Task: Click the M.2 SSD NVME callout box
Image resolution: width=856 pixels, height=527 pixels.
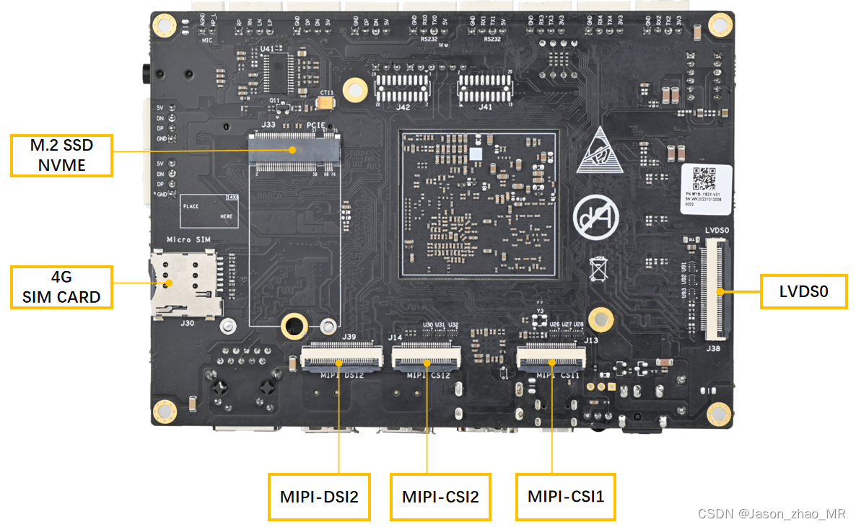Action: [x=62, y=155]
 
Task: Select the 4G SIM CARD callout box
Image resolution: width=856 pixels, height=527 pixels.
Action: [x=62, y=287]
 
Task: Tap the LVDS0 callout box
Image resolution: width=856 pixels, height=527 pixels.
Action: [x=803, y=291]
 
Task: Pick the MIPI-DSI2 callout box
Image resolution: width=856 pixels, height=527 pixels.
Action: [x=319, y=497]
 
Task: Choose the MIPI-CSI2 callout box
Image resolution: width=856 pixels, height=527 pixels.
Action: [x=440, y=497]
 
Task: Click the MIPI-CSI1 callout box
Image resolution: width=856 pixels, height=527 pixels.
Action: [x=565, y=497]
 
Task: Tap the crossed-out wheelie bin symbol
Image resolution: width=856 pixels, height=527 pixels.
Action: [x=598, y=267]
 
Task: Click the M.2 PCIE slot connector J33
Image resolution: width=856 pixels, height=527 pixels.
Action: [x=294, y=150]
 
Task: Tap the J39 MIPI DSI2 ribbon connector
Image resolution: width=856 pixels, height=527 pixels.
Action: [x=341, y=355]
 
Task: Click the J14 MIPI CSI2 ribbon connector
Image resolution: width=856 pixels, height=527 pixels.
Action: [x=426, y=355]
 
